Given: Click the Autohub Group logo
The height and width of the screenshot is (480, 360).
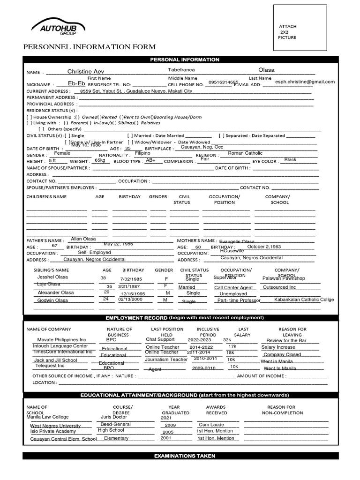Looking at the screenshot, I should pos(57,29).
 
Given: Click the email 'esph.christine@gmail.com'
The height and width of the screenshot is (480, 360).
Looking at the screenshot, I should pos(305,82).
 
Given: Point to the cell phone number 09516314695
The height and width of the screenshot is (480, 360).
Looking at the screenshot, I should pos(223,82).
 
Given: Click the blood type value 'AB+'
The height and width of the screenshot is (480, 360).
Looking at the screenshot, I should pos(150,160).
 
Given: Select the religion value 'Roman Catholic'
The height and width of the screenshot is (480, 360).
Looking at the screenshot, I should pos(245,153).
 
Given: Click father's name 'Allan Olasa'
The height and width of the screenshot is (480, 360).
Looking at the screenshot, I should pos(83,239).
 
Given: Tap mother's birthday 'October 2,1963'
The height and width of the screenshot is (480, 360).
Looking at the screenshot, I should pos(264,247).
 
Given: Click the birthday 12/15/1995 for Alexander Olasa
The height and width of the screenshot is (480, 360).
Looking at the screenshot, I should pos(133,293).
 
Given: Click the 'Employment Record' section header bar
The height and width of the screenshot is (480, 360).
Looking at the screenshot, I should pos(180,318).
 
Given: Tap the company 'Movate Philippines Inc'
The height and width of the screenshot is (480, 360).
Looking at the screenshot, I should pos(61,340).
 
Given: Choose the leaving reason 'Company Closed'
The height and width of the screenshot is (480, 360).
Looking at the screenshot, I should pos(282,355).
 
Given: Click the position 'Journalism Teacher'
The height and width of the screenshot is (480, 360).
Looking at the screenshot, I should pos(166,360).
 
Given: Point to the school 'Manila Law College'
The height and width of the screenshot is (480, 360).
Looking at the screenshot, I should pos(47,417).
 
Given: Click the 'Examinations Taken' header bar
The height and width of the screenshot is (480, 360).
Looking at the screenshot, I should pos(180,456).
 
